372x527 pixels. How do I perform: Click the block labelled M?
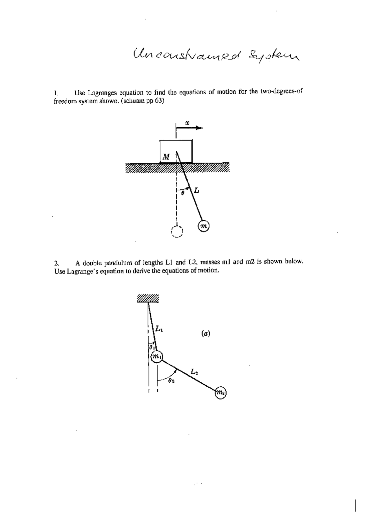[176, 151]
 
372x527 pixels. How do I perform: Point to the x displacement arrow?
[189, 128]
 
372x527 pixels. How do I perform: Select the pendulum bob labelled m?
[204, 226]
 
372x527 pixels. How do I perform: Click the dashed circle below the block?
[177, 232]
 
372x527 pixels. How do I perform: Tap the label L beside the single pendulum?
[197, 190]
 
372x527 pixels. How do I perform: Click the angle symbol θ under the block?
[183, 193]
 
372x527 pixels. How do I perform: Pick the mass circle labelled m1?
[157, 356]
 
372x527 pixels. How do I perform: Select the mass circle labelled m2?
[221, 393]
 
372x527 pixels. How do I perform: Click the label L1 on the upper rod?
[159, 328]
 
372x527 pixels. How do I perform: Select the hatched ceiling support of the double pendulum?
[148, 298]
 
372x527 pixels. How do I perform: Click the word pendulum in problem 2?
[116, 263]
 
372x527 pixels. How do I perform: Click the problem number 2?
[56, 263]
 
